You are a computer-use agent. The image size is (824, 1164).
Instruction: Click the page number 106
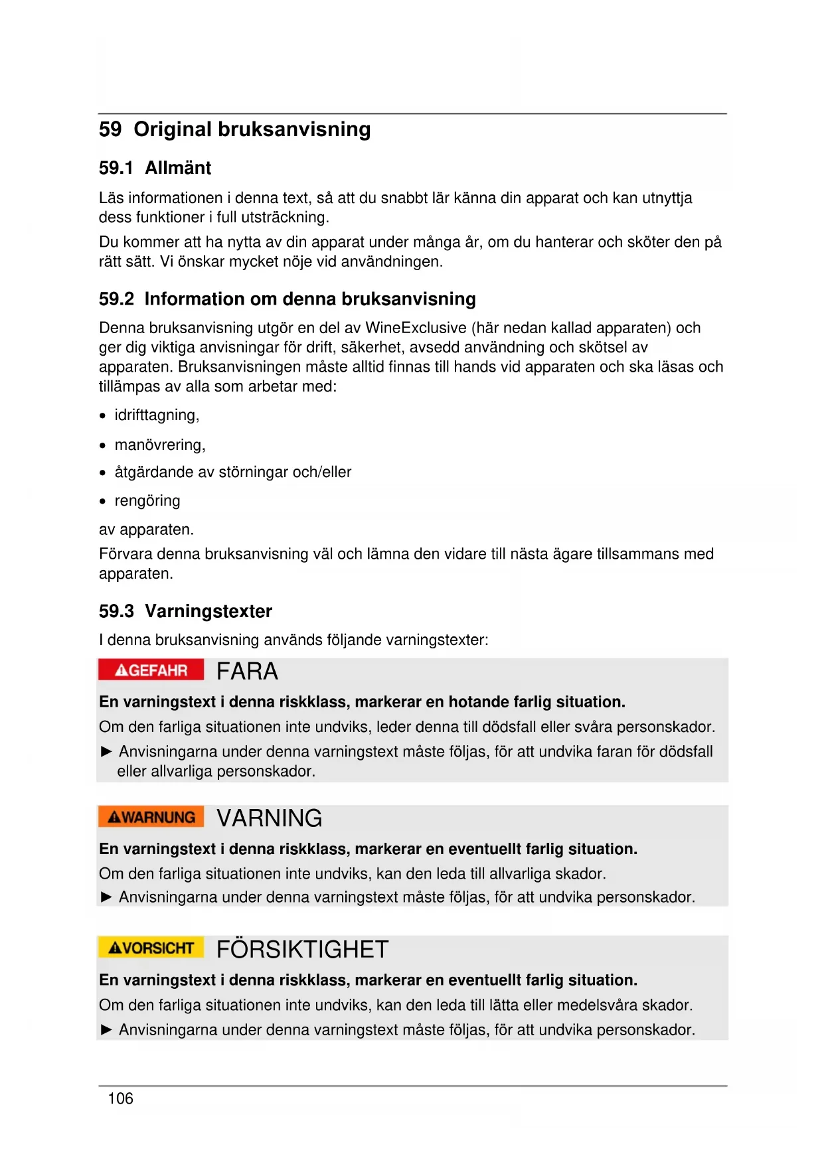pos(120,1099)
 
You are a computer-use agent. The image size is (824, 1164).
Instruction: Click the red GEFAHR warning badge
pos(151,670)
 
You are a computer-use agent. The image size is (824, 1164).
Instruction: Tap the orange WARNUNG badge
pos(151,817)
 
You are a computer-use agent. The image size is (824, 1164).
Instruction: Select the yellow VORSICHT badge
pos(151,948)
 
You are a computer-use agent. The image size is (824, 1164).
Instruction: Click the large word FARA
pos(247,672)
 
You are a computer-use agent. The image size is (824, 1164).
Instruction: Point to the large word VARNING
pos(269,818)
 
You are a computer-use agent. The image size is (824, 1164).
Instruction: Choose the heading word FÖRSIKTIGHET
pos(302,950)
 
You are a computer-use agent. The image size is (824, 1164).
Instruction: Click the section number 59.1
pos(116,168)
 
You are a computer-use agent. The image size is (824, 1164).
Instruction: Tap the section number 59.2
pos(116,299)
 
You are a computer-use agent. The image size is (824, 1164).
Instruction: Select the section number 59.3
pos(116,611)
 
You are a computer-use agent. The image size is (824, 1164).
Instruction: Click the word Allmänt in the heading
pos(178,168)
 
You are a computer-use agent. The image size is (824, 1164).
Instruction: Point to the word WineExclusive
pos(416,328)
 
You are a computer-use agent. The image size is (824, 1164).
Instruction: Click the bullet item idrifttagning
pos(157,415)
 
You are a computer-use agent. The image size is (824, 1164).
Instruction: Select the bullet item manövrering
pos(159,445)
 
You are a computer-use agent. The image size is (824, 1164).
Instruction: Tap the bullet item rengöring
pos(147,501)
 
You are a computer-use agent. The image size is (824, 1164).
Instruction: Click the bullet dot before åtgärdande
pos(103,473)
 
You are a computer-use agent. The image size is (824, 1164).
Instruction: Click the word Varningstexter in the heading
pos(208,611)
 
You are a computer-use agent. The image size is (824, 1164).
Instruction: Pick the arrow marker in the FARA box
pos(106,752)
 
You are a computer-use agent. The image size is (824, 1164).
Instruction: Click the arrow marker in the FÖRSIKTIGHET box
pos(106,1030)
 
